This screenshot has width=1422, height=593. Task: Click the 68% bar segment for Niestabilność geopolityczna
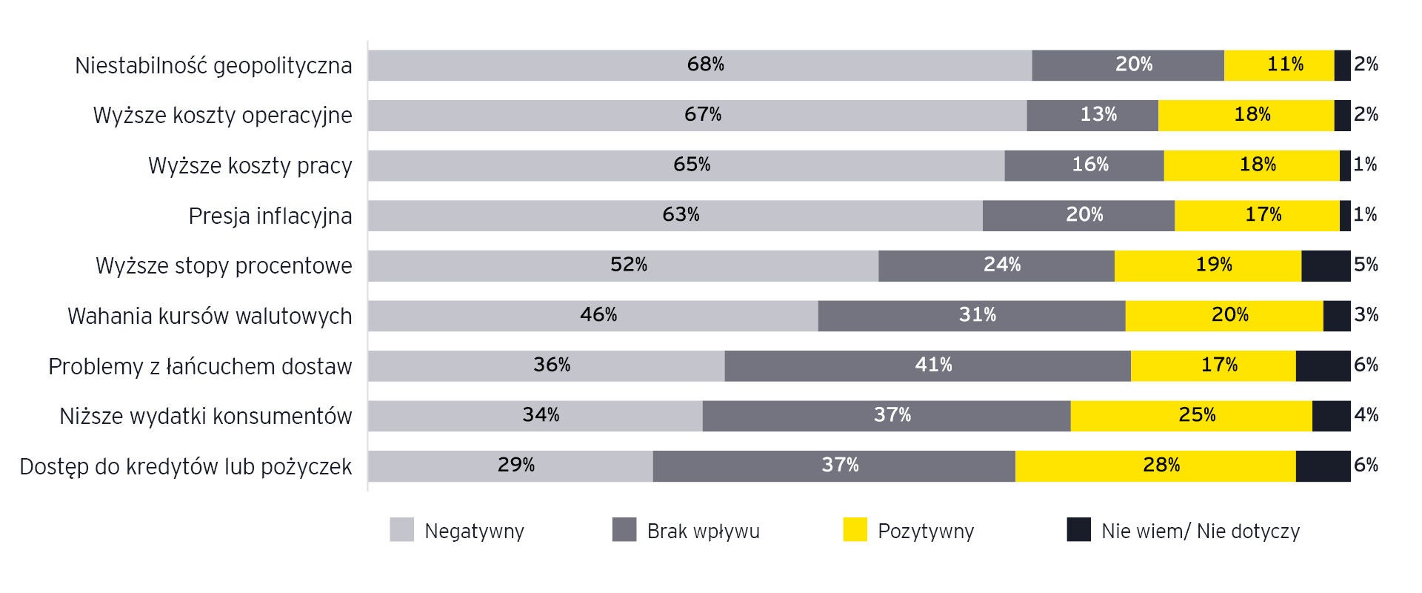click(x=699, y=65)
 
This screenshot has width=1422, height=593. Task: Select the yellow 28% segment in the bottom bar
click(x=1155, y=466)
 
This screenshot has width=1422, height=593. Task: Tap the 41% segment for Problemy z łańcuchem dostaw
click(x=927, y=366)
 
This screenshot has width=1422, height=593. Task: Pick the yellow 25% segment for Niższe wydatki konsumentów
click(x=1191, y=416)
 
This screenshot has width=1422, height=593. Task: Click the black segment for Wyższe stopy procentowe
click(x=1326, y=265)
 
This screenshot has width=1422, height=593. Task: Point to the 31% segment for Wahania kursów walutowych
click(x=972, y=316)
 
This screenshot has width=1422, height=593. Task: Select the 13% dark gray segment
click(x=1092, y=116)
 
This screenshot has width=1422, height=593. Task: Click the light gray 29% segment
click(x=510, y=466)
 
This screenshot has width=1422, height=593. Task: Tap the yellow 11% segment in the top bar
click(x=1279, y=65)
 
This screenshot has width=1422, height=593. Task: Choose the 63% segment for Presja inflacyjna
click(x=675, y=216)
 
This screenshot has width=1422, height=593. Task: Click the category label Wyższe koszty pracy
click(x=250, y=165)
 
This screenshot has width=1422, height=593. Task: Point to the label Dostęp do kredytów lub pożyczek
click(x=186, y=466)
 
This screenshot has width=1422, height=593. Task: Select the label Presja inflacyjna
click(x=270, y=216)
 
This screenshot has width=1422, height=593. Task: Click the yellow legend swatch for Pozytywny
click(x=855, y=530)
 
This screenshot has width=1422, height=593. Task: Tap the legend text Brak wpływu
click(x=703, y=531)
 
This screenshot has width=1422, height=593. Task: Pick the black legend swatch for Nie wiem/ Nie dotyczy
click(x=1078, y=530)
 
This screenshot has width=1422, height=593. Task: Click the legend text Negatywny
click(x=474, y=531)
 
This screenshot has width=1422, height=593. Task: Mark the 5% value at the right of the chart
click(x=1366, y=265)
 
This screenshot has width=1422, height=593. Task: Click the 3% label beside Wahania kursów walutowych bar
click(x=1366, y=315)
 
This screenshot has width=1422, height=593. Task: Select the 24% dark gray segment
click(x=996, y=265)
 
